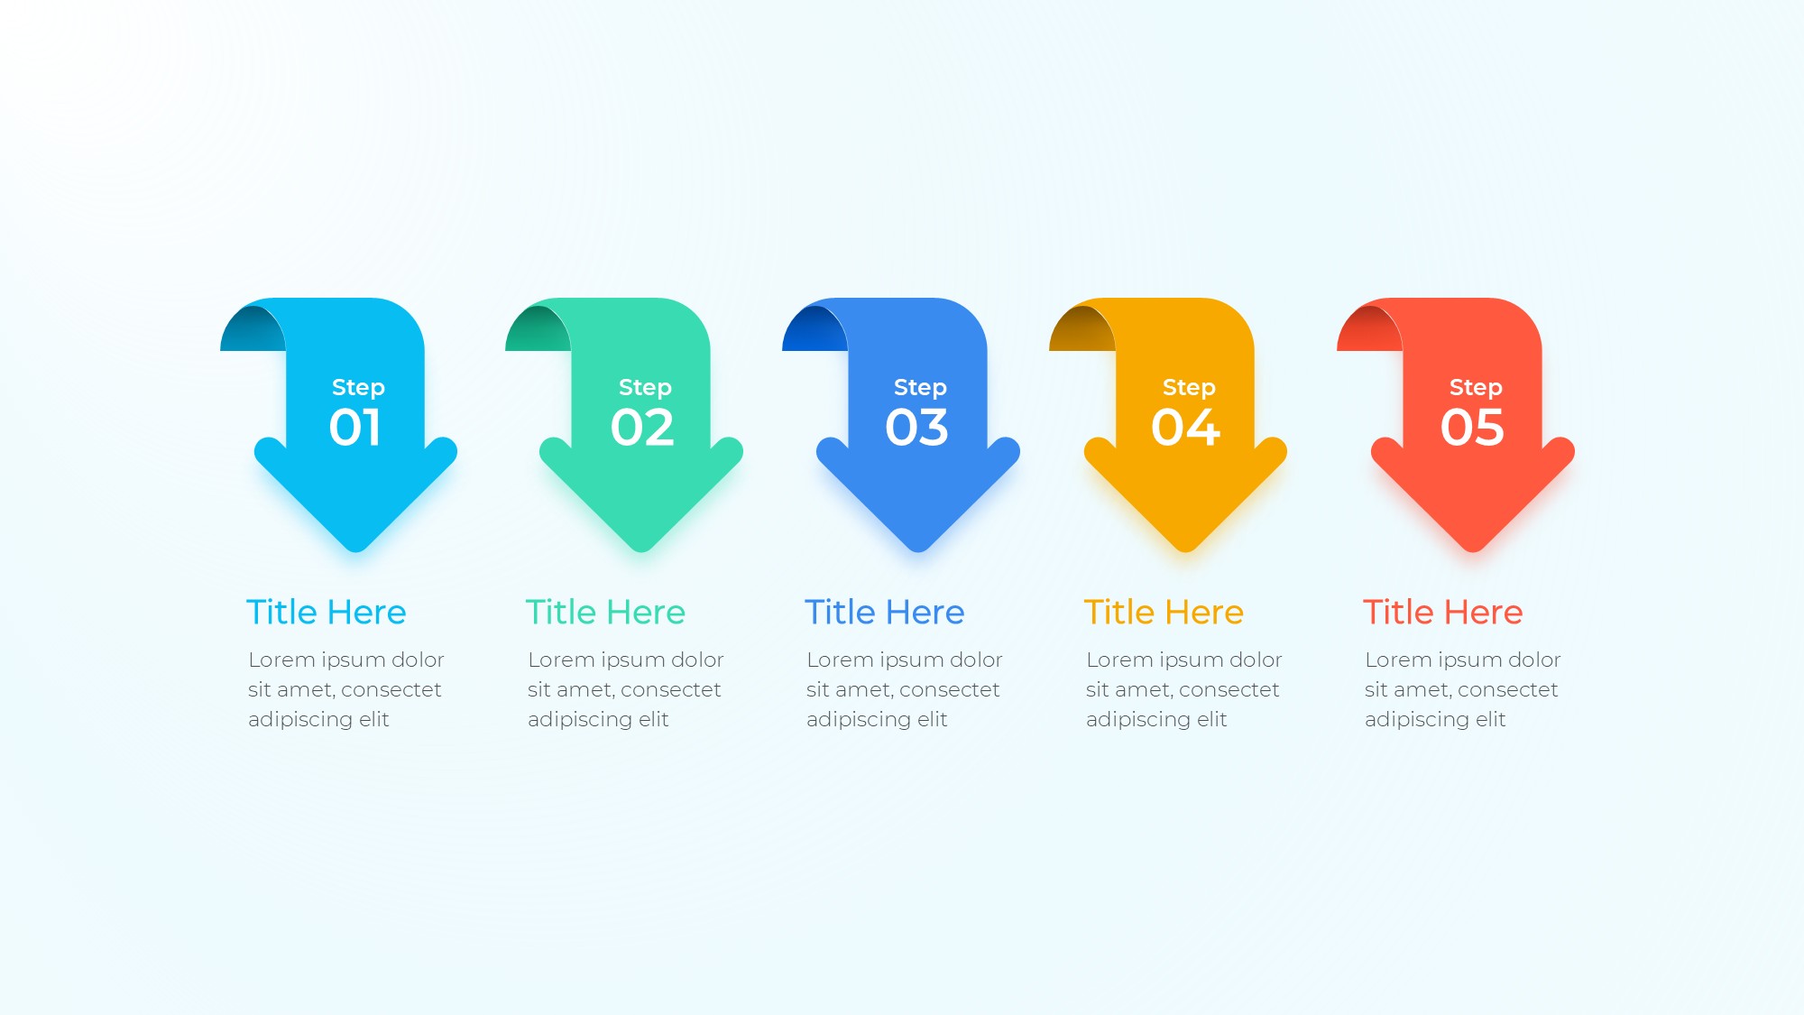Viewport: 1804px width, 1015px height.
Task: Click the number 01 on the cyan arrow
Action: tap(354, 428)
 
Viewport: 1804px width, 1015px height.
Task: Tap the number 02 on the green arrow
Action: tap(642, 428)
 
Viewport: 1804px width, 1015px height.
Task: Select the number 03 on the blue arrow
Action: tap(917, 428)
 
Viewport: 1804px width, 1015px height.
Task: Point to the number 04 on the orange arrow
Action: tap(1185, 428)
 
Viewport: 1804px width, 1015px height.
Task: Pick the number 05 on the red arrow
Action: tap(1472, 428)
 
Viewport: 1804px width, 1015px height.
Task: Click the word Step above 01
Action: tap(358, 388)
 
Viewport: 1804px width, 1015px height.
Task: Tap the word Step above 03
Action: tap(920, 388)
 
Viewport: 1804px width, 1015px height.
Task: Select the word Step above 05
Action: tap(1476, 388)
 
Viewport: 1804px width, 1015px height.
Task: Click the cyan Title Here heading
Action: tap(327, 613)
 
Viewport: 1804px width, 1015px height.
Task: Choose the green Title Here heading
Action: tap(605, 613)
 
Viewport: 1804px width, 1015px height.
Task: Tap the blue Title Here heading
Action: tap(885, 613)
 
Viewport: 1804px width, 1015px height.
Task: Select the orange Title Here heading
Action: tap(1164, 613)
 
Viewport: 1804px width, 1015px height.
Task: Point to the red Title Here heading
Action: tap(1443, 613)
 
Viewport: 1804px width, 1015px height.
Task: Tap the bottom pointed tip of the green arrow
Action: tap(641, 550)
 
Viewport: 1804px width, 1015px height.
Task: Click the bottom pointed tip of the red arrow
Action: tap(1473, 550)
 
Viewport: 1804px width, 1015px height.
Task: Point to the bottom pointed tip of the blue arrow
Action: tap(918, 550)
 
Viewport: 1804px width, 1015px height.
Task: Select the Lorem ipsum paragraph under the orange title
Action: tap(1183, 690)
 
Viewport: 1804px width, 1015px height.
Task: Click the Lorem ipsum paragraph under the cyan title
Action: tap(346, 690)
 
